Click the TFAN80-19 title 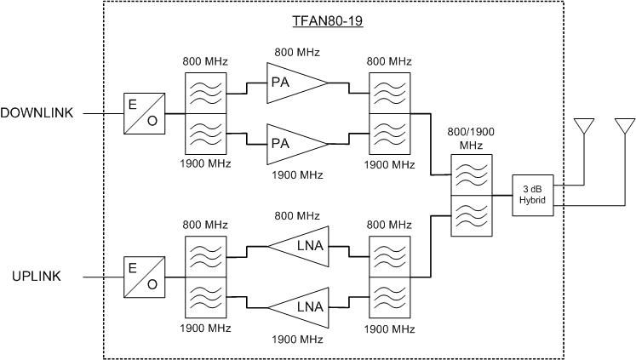click(x=328, y=21)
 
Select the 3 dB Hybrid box click(x=533, y=195)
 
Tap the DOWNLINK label click(x=37, y=112)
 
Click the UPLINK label click(x=37, y=276)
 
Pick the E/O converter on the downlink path click(x=145, y=113)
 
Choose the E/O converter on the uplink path click(x=145, y=277)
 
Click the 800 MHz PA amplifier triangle click(x=297, y=83)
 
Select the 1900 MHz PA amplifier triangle click(x=297, y=145)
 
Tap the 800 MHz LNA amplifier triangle click(x=298, y=247)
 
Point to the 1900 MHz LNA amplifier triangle click(x=298, y=308)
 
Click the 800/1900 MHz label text click(x=471, y=138)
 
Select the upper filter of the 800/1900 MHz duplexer click(x=472, y=174)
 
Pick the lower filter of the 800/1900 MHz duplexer click(x=472, y=215)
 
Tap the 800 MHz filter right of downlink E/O click(x=206, y=94)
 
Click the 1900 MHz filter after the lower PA click(x=389, y=134)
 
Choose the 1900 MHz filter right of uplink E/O click(x=206, y=298)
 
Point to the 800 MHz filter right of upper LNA click(x=389, y=257)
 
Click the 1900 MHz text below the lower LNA click(x=297, y=339)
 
